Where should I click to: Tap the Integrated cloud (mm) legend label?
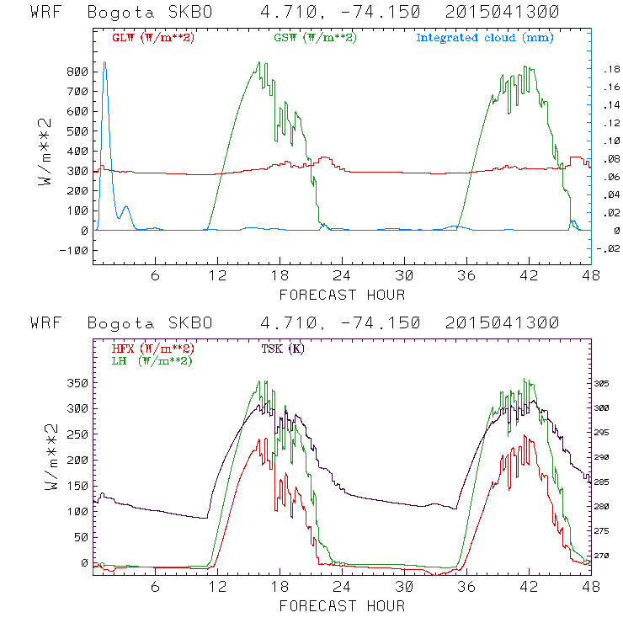485,38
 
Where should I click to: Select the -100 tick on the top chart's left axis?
75,250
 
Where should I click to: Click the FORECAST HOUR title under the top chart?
342,295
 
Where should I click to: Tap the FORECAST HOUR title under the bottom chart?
342,605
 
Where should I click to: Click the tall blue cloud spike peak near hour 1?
104,62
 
